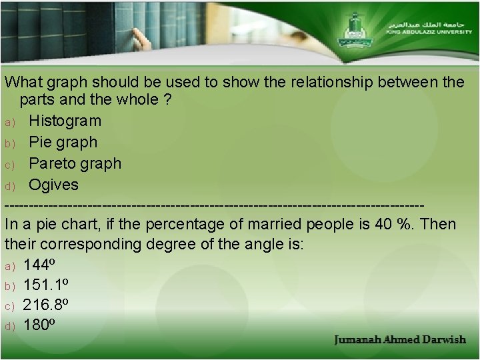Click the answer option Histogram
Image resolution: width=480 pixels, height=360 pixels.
pyautogui.click(x=65, y=121)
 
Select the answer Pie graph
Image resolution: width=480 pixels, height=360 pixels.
pyautogui.click(x=63, y=142)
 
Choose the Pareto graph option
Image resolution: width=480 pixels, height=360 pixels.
pyautogui.click(x=75, y=163)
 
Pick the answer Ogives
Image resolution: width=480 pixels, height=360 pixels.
pyautogui.click(x=53, y=185)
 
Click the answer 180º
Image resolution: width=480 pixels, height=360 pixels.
pyautogui.click(x=39, y=325)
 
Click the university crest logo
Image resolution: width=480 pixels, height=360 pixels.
pyautogui.click(x=353, y=27)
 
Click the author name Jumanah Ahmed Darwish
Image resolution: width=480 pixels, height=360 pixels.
pyautogui.click(x=400, y=340)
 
